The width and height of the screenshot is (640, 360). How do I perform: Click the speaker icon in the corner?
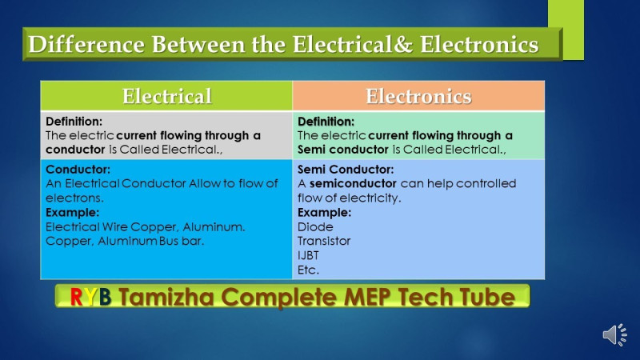click(x=614, y=334)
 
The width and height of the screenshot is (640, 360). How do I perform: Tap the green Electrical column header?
click(x=166, y=96)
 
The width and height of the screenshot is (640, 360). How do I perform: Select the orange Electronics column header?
click(x=418, y=96)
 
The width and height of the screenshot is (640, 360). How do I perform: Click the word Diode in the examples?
click(x=315, y=227)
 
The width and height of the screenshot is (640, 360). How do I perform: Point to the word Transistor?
click(x=324, y=241)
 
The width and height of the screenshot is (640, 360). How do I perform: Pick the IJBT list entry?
click(x=308, y=255)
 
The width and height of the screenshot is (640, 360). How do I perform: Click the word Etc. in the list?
click(x=308, y=270)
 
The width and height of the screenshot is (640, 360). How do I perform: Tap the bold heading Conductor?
click(x=78, y=170)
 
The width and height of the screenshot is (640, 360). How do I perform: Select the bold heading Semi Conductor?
click(x=346, y=170)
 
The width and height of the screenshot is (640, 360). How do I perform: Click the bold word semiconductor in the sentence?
click(x=353, y=184)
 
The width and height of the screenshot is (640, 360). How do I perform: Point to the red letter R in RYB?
click(x=76, y=297)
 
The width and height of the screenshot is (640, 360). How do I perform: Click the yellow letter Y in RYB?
click(x=90, y=297)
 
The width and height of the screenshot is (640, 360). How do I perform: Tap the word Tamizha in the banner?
click(x=166, y=297)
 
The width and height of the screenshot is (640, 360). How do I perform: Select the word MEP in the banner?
click(x=367, y=297)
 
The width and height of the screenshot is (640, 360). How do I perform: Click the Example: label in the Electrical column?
click(x=72, y=213)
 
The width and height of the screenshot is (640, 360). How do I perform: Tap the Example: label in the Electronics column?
click(x=324, y=213)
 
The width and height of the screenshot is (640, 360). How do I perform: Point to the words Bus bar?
click(x=182, y=242)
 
